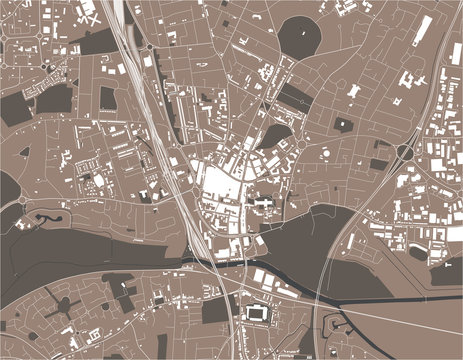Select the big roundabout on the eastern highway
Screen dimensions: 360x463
[406, 152]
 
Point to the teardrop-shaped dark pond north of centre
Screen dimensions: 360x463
[275, 134]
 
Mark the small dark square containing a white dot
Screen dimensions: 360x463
[343, 124]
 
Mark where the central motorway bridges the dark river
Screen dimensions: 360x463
[214, 262]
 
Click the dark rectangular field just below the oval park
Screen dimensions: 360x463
[295, 95]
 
